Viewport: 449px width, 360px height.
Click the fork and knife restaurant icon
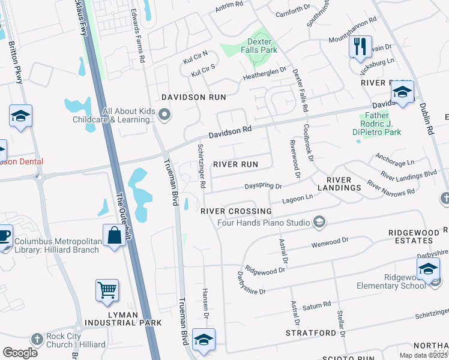pos(360,46)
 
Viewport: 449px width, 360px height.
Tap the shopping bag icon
pos(113,235)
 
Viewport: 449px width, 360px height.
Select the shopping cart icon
pos(107,290)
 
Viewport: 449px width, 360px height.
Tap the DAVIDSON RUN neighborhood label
pos(185,97)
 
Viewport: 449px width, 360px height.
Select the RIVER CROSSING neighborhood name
pos(236,211)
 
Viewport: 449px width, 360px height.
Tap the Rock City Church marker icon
pos(38,339)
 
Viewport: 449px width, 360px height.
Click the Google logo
pos(20,353)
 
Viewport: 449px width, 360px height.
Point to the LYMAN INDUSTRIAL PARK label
pos(127,318)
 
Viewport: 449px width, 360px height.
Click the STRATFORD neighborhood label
pos(311,332)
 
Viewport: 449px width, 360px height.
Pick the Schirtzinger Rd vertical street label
pos(202,167)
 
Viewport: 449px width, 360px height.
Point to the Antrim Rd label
pos(230,7)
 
